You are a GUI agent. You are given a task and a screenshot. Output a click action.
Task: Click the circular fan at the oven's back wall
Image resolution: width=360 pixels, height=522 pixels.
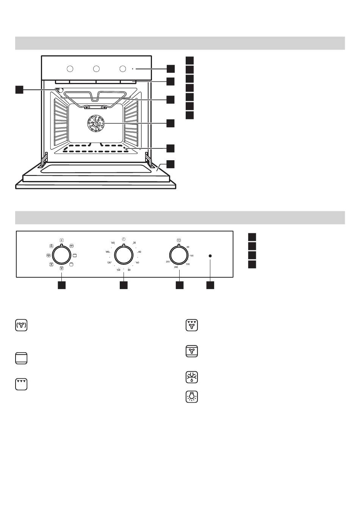click(x=96, y=123)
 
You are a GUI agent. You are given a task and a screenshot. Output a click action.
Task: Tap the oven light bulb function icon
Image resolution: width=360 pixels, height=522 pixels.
click(x=192, y=396)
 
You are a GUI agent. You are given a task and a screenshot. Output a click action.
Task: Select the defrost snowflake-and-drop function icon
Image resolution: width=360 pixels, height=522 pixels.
click(x=192, y=377)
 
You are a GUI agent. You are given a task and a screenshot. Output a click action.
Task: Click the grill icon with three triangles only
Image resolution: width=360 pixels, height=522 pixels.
click(x=21, y=384)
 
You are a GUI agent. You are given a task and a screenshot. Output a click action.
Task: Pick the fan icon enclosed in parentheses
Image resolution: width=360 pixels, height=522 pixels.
click(x=21, y=325)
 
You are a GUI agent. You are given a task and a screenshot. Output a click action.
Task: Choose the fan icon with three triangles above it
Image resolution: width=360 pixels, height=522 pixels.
click(x=192, y=325)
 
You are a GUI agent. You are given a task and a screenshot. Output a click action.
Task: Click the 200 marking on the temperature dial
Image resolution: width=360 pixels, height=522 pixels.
click(x=176, y=267)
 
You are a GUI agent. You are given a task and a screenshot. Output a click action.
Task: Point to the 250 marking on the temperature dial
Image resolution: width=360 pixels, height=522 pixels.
click(x=168, y=262)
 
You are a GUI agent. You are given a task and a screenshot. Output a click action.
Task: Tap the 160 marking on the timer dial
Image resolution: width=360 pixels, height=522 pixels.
click(x=113, y=243)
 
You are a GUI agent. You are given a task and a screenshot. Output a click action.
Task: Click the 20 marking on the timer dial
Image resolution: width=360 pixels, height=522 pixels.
click(x=135, y=243)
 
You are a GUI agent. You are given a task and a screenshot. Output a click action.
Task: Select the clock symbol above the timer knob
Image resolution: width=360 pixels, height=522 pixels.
click(x=124, y=239)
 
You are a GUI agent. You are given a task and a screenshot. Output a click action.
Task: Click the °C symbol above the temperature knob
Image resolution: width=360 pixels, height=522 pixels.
click(x=179, y=240)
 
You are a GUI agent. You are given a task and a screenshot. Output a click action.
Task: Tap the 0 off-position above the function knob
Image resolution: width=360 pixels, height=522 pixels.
click(x=61, y=240)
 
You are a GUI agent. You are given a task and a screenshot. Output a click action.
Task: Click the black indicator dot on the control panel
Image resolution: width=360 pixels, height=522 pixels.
click(x=210, y=256)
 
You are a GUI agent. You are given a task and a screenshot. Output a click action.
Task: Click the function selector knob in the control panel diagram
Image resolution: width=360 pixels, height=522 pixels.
click(x=61, y=256)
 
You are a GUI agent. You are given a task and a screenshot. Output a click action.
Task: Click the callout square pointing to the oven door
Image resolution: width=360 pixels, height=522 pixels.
click(x=171, y=164)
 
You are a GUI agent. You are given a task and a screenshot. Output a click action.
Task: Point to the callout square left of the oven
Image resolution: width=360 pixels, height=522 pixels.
click(x=19, y=89)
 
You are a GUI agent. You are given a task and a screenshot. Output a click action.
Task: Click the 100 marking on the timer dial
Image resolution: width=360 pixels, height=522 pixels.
click(x=118, y=270)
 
